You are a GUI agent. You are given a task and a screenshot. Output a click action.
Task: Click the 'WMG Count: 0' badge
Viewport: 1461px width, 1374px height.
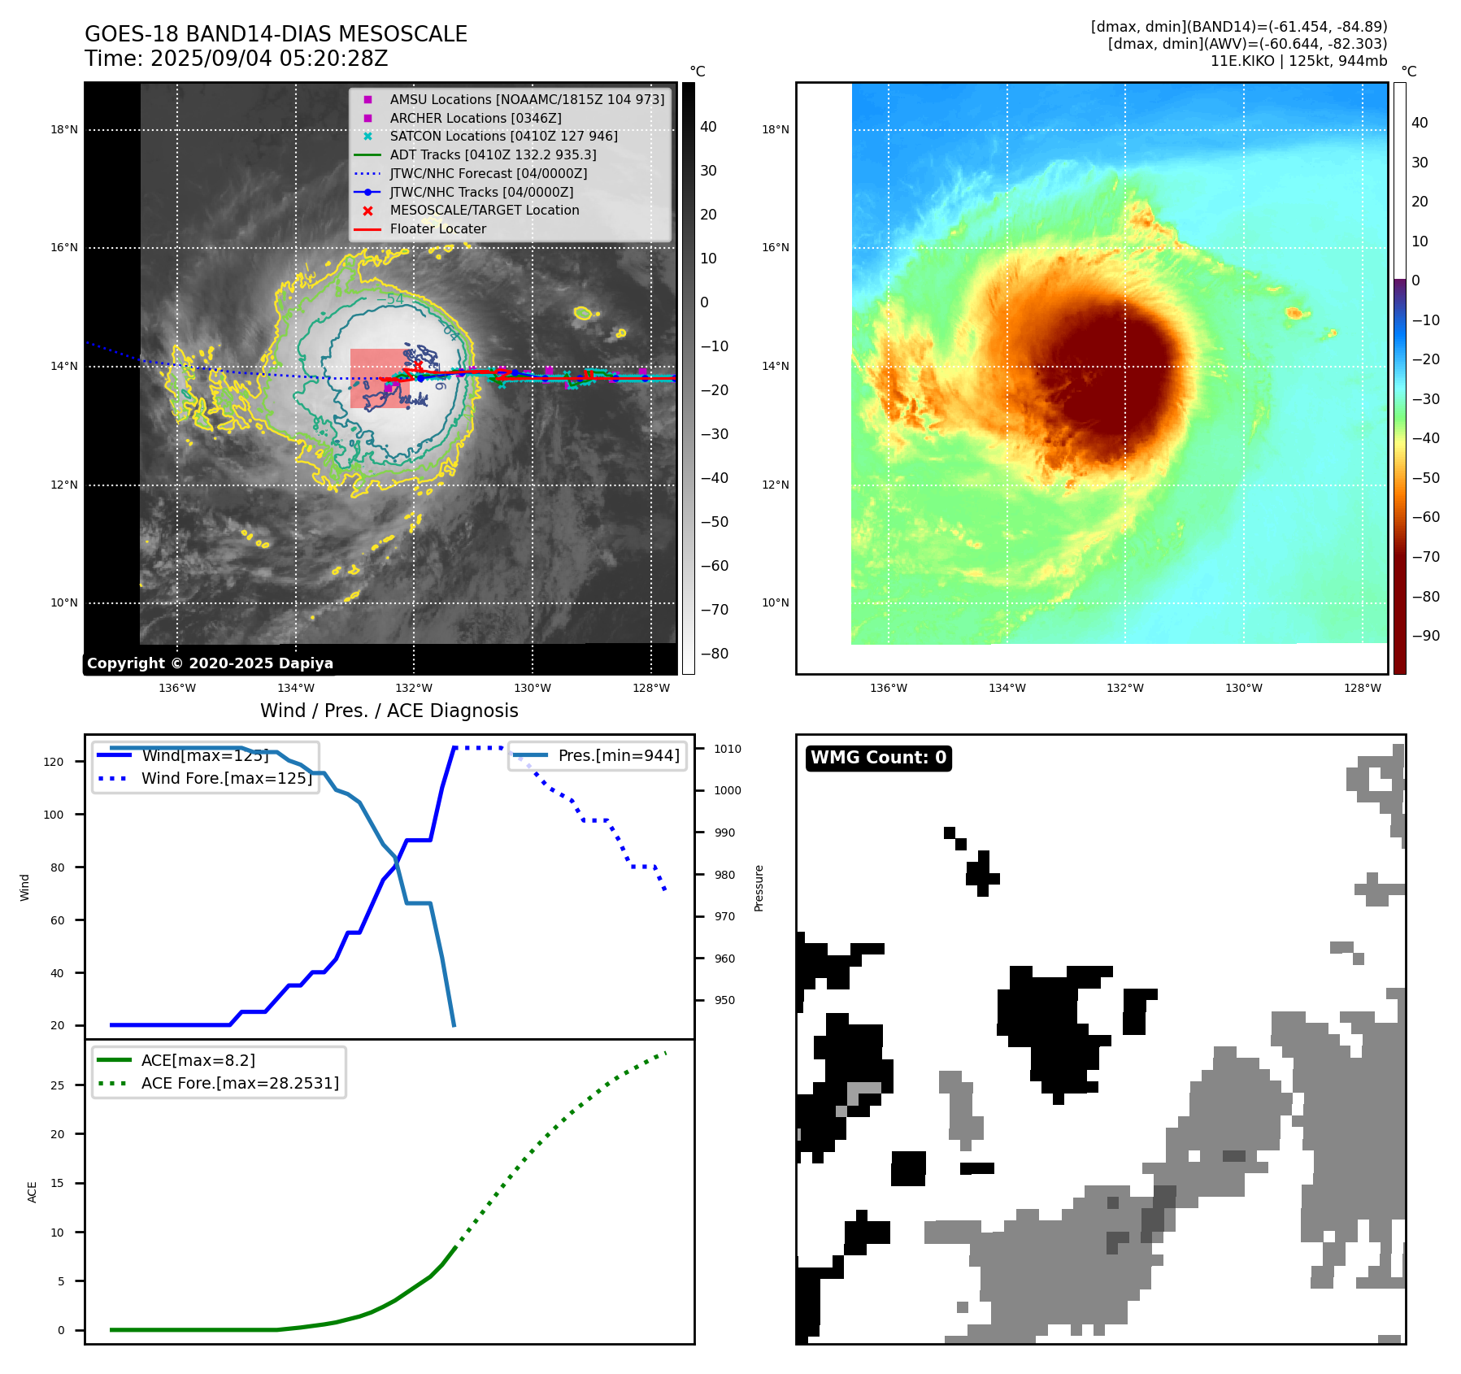878,758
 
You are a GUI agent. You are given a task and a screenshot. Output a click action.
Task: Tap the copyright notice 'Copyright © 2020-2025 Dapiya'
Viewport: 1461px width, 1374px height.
210,663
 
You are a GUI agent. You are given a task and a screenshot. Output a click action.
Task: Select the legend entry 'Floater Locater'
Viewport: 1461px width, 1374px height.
437,229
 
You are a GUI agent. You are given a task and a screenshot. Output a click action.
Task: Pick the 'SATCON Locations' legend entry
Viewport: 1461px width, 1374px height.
503,137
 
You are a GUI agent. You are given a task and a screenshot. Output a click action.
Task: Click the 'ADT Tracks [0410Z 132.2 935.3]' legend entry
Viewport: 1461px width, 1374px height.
493,155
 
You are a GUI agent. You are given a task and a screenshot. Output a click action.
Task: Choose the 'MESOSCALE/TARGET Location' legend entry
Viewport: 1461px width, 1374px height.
485,211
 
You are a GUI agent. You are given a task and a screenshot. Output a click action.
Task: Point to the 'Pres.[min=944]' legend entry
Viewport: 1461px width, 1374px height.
618,756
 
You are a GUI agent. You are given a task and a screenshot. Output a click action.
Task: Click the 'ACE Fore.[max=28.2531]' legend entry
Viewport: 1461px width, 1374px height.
240,1084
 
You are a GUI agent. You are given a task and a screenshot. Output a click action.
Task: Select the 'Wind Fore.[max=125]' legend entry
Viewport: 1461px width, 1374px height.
226,779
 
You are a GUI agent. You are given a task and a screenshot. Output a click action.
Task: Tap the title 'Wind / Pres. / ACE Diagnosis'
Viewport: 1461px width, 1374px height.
389,711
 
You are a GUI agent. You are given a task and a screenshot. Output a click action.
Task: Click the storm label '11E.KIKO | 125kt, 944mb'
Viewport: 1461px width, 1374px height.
1298,61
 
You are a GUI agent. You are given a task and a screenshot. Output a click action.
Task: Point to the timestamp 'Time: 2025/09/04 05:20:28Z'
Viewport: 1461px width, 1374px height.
236,59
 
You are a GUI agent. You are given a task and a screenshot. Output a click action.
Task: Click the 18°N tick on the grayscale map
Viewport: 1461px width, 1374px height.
64,130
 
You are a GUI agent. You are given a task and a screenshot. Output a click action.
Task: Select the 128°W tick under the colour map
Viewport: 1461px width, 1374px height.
1362,689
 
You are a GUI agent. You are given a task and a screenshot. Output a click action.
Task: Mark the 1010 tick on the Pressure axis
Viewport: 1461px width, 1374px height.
728,749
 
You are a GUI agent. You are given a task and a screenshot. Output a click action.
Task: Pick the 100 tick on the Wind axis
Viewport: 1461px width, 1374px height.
54,815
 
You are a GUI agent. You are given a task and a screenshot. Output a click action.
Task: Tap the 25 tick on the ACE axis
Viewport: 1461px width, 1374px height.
57,1085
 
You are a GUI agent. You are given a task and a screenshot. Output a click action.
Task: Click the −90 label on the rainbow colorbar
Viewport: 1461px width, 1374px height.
1425,636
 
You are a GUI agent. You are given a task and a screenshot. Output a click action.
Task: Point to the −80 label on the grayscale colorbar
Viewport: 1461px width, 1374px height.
715,654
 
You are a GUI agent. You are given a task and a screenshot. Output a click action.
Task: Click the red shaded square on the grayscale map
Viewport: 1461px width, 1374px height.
380,378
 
